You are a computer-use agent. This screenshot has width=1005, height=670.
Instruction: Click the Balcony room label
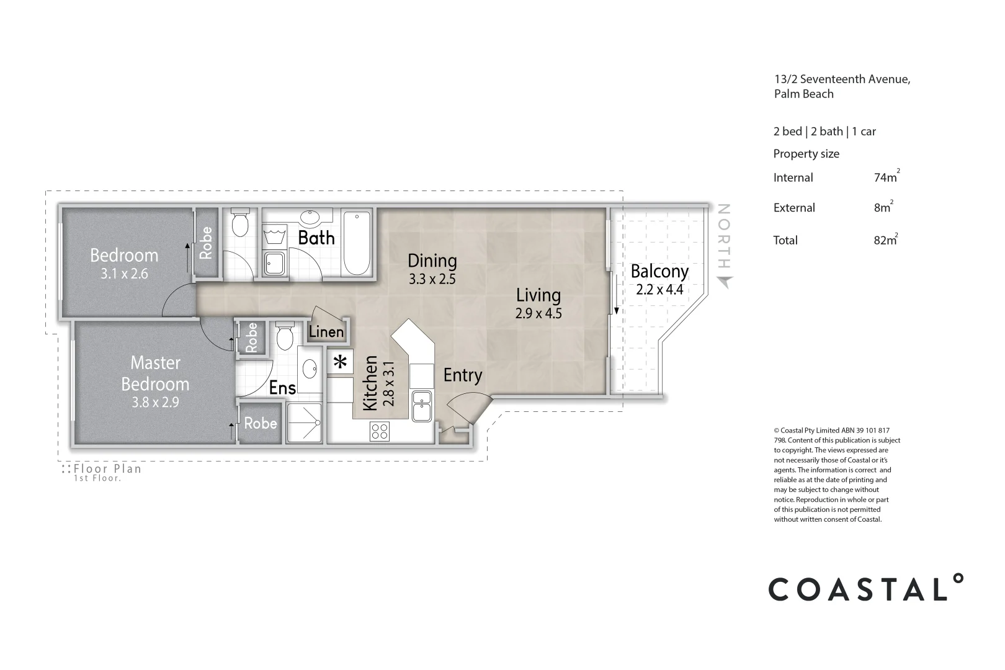[x=659, y=272]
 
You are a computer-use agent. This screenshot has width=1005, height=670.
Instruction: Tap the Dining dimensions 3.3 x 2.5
[x=432, y=279]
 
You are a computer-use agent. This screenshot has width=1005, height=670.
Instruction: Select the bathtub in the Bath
[x=357, y=243]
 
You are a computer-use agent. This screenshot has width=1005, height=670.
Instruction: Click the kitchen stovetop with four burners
[x=380, y=432]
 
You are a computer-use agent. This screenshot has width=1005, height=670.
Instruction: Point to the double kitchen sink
[x=422, y=406]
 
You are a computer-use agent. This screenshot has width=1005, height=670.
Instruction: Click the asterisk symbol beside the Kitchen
[x=340, y=361]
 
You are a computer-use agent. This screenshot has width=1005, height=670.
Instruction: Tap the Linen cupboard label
[x=326, y=332]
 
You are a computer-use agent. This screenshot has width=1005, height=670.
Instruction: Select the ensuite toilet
[x=285, y=336]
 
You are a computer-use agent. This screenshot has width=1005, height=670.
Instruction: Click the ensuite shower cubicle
[x=304, y=422]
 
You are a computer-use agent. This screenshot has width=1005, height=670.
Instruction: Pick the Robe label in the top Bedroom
[x=206, y=243]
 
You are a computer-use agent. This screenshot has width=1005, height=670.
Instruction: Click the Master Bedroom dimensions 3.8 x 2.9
[x=155, y=402]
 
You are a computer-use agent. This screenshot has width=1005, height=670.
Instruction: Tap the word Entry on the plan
[x=463, y=375]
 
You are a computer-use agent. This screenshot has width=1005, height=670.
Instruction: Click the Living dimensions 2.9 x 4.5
[x=538, y=313]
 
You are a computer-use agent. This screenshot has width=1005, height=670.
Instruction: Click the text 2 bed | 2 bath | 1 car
[x=824, y=132]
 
